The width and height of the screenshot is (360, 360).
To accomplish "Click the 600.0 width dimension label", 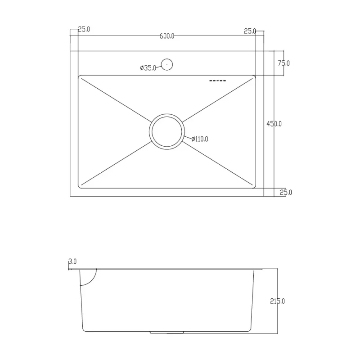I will [166, 36].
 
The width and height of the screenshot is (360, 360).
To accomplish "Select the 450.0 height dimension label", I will [274, 124].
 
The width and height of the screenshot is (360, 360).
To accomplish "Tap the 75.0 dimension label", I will [283, 63].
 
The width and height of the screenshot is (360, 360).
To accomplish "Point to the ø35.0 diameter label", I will [148, 68].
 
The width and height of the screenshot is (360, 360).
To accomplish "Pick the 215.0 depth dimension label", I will [278, 301].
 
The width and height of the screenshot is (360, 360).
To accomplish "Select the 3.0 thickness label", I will [73, 261].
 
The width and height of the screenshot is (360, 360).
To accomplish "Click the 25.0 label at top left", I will [84, 30].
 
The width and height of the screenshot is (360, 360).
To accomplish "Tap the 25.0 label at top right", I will [250, 31].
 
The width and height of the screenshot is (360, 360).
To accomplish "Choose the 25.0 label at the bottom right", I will [286, 193].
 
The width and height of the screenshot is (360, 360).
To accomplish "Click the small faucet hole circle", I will [167, 64].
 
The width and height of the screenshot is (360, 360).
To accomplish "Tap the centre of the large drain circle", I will [167, 131].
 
